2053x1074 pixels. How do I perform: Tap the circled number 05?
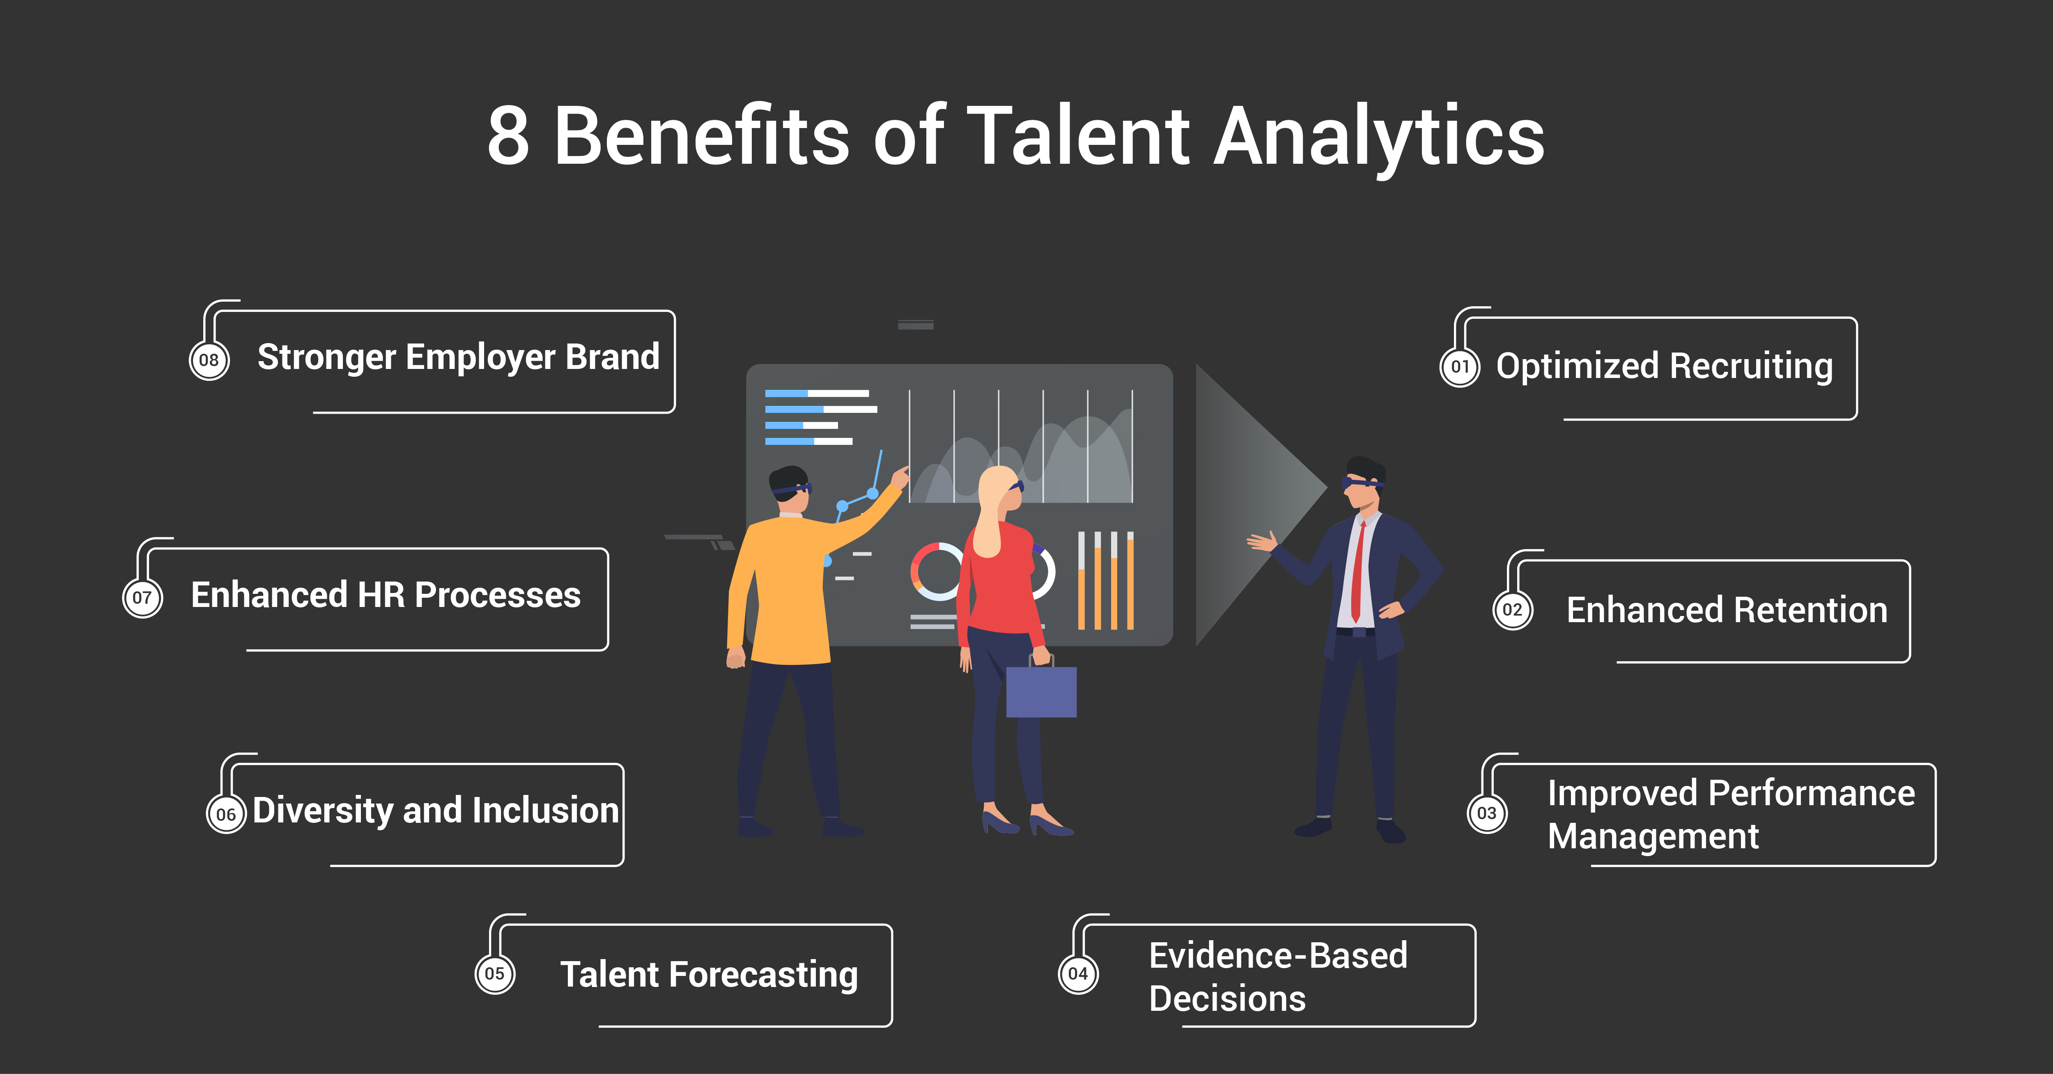[495, 973]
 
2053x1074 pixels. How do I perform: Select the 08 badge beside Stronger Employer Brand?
[209, 360]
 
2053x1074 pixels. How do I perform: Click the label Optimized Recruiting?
[1664, 366]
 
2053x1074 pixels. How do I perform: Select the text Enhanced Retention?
[1727, 610]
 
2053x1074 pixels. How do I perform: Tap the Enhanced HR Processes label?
[386, 595]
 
